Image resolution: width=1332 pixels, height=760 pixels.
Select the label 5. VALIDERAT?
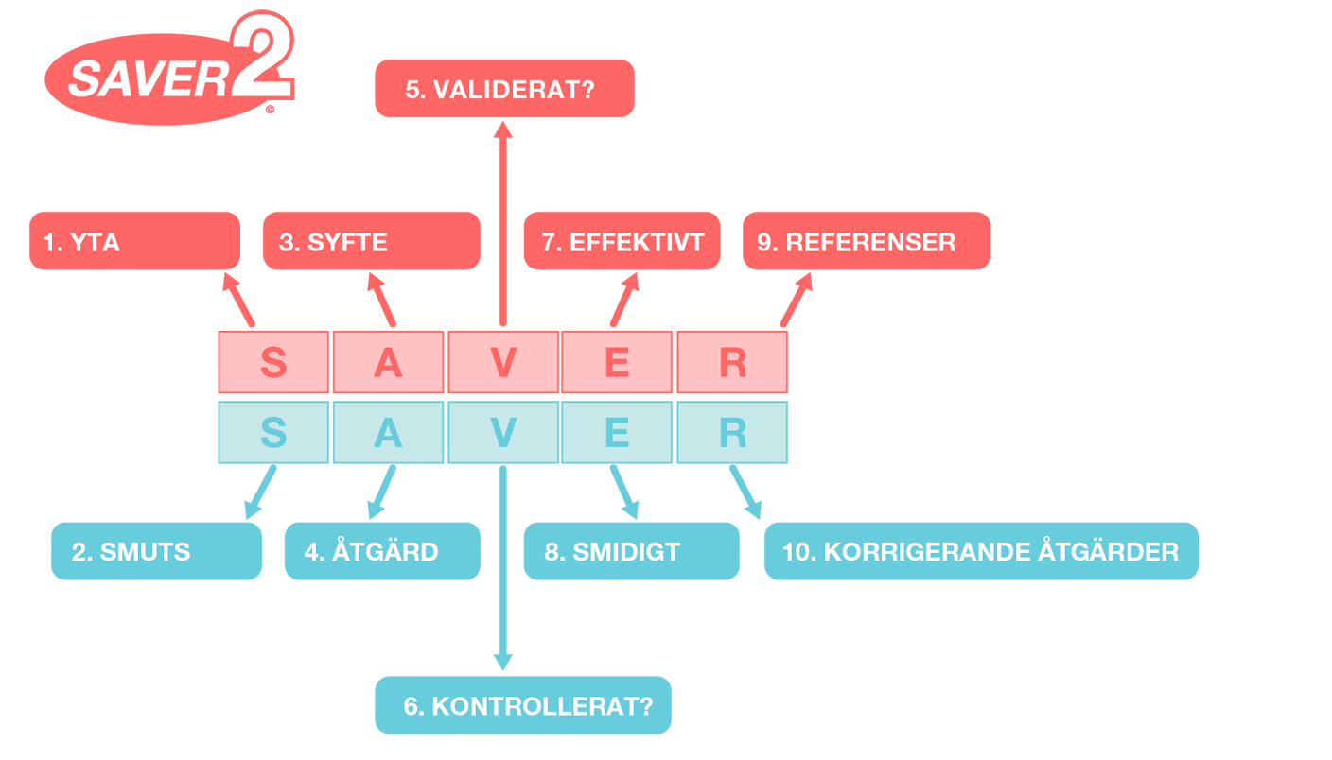click(x=499, y=90)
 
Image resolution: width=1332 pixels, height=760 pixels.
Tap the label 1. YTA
click(x=81, y=243)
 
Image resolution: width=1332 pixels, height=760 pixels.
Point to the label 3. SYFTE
click(x=333, y=243)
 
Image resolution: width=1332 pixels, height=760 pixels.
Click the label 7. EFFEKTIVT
click(x=622, y=243)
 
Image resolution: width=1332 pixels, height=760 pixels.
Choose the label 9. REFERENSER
click(x=856, y=243)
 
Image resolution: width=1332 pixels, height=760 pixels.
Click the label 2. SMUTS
click(x=131, y=552)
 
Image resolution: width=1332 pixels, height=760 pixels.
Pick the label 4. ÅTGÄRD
click(x=371, y=552)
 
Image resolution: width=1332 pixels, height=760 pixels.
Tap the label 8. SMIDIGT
click(x=612, y=552)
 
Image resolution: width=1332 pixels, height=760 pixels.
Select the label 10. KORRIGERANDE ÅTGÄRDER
click(x=980, y=552)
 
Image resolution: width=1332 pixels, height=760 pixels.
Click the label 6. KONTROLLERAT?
click(x=528, y=706)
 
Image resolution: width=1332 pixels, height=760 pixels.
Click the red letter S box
click(x=273, y=362)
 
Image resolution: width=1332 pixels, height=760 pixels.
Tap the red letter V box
click(x=503, y=362)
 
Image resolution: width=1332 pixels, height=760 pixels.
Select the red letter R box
click(x=732, y=362)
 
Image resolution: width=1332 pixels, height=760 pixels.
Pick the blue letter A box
click(x=388, y=433)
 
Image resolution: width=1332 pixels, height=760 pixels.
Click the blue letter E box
click(x=617, y=433)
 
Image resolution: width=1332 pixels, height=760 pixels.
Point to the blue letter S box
click(x=273, y=433)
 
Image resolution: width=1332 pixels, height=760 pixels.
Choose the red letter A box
click(x=388, y=362)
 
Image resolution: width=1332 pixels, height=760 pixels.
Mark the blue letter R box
click(x=732, y=433)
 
